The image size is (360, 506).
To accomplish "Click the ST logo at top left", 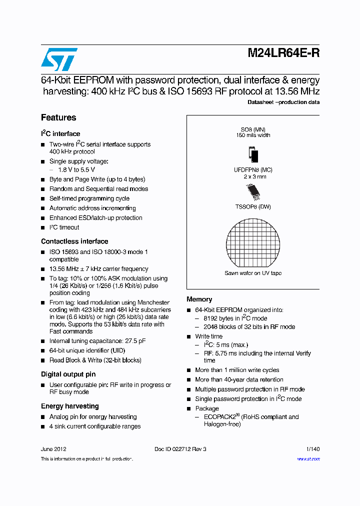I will [59, 59].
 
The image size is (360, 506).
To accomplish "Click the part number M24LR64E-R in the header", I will [283, 54].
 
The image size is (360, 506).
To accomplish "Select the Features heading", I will [58, 118].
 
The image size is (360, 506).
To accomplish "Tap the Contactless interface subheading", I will [74, 241].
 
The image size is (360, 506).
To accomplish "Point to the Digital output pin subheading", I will [68, 374].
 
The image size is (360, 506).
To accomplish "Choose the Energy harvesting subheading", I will [69, 406].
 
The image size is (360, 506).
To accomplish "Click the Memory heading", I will [199, 299].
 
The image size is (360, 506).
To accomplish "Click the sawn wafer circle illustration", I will [253, 242].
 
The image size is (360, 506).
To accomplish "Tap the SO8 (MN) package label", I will [253, 129].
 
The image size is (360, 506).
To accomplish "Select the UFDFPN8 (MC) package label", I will [253, 170].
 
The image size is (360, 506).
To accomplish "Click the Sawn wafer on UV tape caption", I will [253, 273].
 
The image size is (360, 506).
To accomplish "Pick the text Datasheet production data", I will [283, 102].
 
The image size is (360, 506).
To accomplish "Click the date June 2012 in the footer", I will [53, 449].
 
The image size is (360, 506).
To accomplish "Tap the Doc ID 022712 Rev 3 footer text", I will [180, 449].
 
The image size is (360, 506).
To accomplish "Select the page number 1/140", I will [312, 449].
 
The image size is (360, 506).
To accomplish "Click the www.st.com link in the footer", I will [308, 459].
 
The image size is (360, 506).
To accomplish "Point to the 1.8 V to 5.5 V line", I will [76, 170].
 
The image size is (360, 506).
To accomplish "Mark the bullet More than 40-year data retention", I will [239, 380].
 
